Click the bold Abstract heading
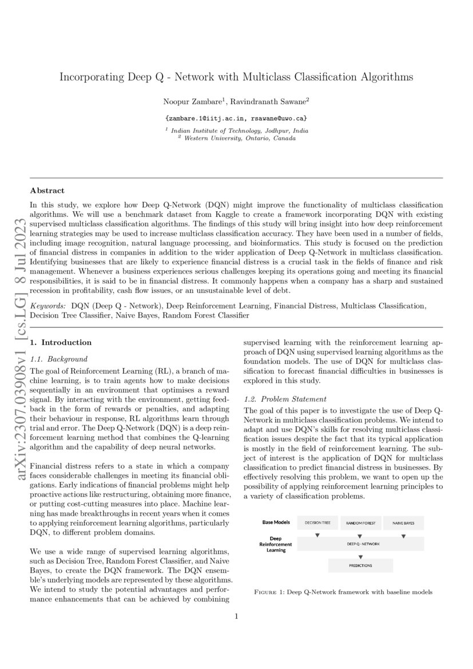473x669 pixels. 47,191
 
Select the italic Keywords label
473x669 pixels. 48,307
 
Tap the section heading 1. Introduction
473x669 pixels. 61,342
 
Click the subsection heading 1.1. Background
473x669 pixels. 59,359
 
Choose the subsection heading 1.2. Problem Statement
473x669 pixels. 285,398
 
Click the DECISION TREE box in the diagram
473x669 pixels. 317,522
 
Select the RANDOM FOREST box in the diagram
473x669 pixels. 361,522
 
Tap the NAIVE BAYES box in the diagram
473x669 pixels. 403,522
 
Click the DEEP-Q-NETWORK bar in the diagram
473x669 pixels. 360,544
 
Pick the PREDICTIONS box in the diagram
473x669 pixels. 360,565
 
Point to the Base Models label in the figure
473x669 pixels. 276,522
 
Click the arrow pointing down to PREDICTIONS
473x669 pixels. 360,556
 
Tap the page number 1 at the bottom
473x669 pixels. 236,616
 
